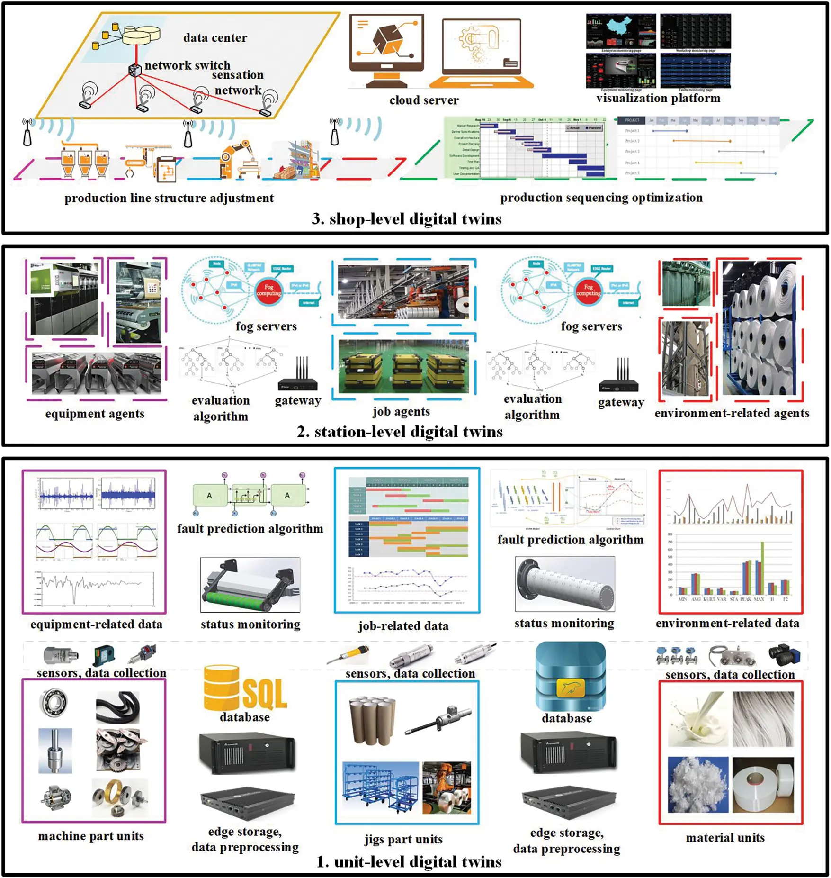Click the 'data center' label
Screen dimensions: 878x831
(x=215, y=38)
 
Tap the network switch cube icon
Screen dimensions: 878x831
(x=135, y=70)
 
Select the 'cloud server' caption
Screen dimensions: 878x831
(x=424, y=100)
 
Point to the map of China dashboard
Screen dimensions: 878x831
(x=621, y=31)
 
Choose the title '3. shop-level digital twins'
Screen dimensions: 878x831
(x=406, y=219)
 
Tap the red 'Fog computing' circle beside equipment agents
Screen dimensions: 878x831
(x=268, y=290)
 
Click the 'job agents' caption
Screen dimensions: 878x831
(x=401, y=411)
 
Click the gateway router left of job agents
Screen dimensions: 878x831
(x=298, y=377)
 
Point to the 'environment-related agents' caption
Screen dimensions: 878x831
(x=732, y=413)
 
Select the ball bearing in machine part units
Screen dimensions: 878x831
(x=53, y=702)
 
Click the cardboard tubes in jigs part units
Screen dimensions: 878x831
(x=372, y=720)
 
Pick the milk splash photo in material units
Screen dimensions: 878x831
(x=697, y=718)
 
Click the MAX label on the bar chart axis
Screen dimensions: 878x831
(x=759, y=599)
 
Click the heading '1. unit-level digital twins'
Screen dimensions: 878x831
(x=409, y=862)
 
